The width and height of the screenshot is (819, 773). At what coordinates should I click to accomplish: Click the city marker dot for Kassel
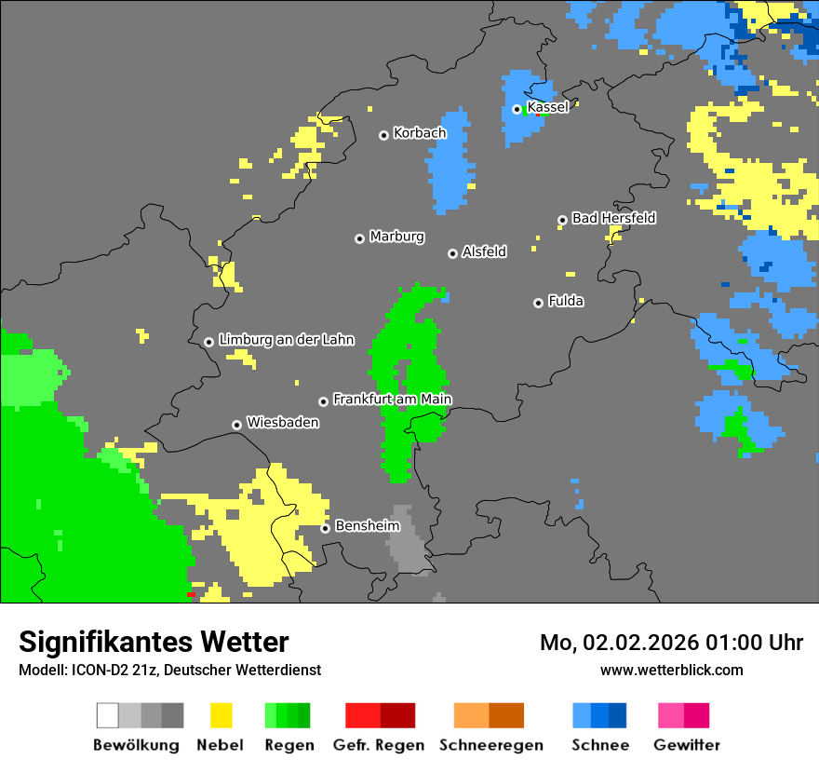tap(517, 109)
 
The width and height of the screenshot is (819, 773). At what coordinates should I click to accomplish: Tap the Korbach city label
tap(420, 133)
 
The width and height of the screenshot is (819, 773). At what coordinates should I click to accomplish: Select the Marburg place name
tap(396, 237)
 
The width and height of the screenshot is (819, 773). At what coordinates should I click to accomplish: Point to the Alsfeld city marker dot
tap(453, 253)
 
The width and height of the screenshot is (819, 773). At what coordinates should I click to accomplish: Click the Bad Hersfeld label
tap(613, 218)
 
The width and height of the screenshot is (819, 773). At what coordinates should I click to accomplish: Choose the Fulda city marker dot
tap(538, 303)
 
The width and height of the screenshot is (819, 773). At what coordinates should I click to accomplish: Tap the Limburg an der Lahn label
tap(286, 340)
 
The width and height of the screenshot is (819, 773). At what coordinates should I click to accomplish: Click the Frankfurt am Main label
tap(392, 400)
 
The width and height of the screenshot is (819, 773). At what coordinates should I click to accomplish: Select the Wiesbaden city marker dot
tap(237, 425)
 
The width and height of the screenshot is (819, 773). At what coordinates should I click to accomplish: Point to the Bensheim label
tap(367, 526)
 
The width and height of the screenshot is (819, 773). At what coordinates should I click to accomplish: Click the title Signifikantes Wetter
tap(154, 643)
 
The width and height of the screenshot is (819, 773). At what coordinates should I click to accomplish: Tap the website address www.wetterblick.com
tap(671, 670)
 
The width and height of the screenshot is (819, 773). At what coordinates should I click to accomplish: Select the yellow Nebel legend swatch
tap(221, 715)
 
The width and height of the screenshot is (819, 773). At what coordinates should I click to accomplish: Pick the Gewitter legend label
tap(687, 745)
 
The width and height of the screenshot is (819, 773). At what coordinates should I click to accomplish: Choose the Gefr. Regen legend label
tap(379, 745)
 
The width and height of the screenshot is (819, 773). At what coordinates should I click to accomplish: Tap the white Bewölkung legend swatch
tap(108, 715)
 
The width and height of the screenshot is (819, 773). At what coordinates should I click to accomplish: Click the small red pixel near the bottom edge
tap(190, 594)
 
